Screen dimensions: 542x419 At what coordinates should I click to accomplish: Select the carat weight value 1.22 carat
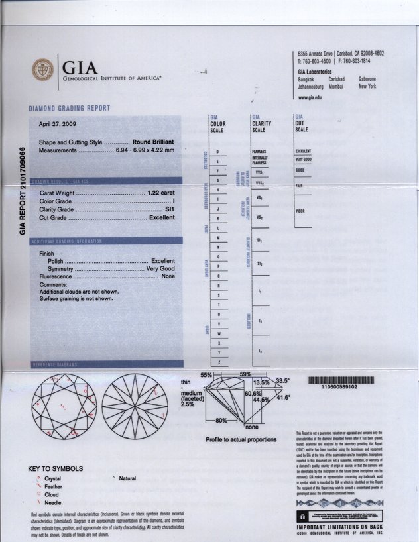point(160,192)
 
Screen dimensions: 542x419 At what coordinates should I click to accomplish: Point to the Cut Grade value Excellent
point(162,217)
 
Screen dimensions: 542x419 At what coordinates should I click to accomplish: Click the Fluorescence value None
point(168,276)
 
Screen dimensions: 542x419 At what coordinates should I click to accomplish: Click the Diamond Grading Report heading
point(69,108)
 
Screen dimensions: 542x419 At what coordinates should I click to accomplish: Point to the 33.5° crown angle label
point(283,381)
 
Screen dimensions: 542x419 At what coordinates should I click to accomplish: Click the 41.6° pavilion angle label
point(284,398)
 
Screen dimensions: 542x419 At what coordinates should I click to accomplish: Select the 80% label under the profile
point(222,421)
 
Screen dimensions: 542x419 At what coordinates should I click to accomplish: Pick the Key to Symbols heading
point(55,469)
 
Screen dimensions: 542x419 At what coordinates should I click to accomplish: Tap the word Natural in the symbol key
point(127,478)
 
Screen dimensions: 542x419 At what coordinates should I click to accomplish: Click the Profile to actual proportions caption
point(241,439)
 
